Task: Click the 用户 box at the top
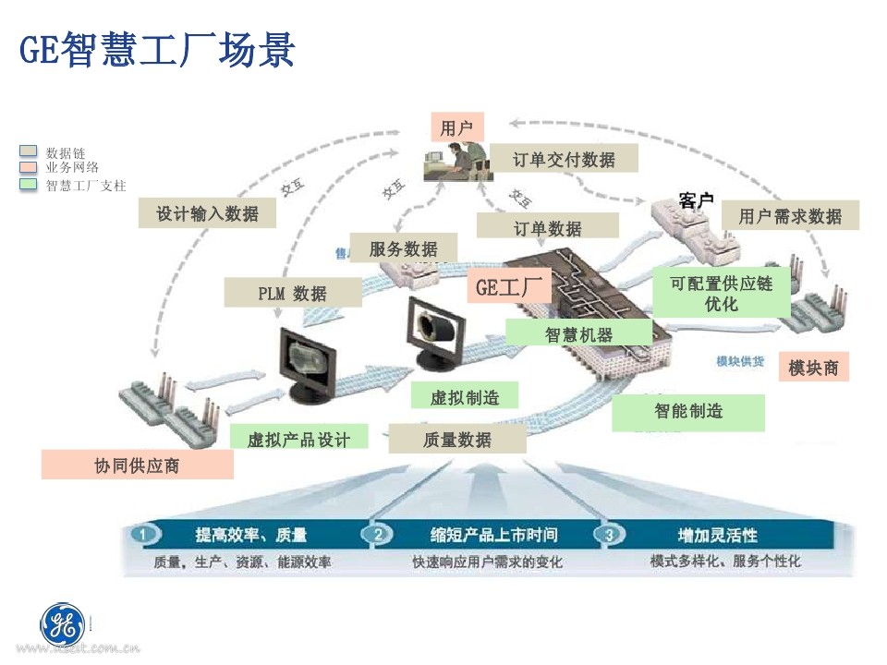(456, 128)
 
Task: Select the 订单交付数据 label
(564, 159)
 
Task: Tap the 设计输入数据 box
(207, 213)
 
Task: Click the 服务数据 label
(403, 248)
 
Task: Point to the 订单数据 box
(547, 227)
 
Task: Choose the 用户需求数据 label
(790, 216)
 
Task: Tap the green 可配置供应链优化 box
(721, 293)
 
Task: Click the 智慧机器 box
(578, 334)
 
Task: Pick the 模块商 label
(813, 367)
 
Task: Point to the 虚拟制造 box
(465, 397)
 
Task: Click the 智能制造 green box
(688, 412)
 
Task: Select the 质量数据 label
(456, 440)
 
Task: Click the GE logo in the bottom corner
(62, 624)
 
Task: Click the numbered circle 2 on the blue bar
(377, 535)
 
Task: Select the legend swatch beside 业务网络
(29, 167)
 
